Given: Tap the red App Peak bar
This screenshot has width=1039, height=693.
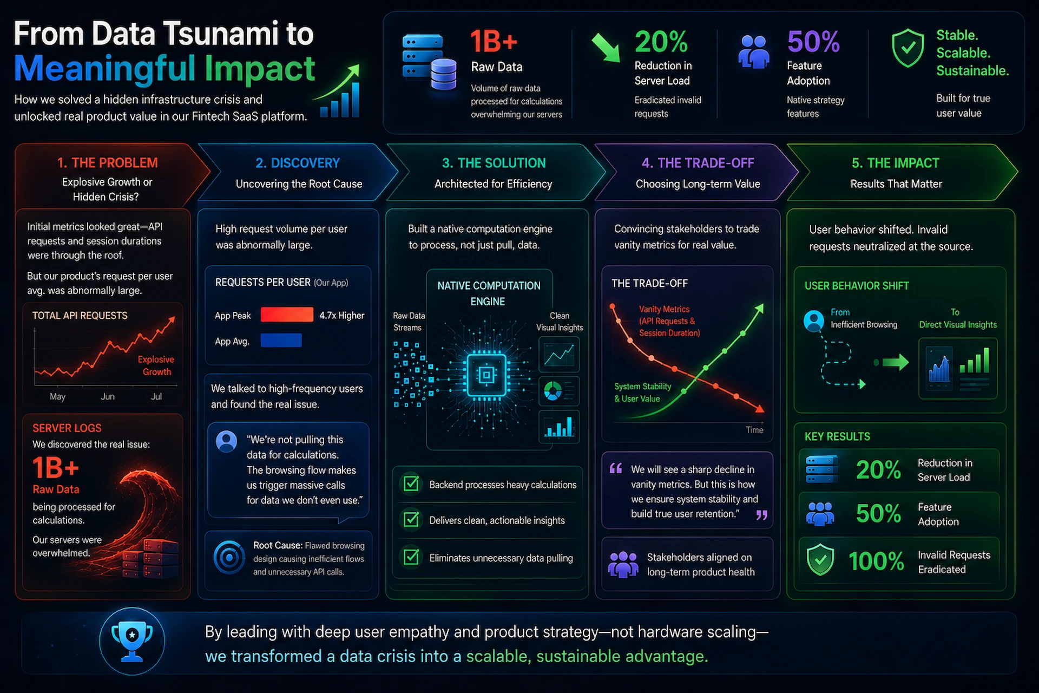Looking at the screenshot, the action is point(287,315).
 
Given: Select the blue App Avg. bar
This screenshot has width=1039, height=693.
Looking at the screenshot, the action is point(281,340).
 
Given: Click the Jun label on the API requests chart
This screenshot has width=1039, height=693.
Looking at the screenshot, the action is point(108,396).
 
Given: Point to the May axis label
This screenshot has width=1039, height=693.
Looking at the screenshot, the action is point(57,396).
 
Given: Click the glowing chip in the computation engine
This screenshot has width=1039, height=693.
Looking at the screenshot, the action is point(486,375).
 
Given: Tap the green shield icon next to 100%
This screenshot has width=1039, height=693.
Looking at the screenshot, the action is point(820,560).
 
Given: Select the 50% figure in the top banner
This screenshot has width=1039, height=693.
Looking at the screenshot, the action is point(813,42).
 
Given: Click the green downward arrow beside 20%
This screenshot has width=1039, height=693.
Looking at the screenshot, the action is point(606,47).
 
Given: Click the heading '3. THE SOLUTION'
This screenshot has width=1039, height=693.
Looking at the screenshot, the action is point(494,163).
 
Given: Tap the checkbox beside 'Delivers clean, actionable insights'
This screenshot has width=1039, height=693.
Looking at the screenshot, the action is point(411,520).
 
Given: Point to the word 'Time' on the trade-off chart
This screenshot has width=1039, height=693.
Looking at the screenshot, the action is point(754,430).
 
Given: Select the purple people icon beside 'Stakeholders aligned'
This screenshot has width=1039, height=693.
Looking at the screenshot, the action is point(623,564).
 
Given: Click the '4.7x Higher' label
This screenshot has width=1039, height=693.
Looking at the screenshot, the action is point(342,315).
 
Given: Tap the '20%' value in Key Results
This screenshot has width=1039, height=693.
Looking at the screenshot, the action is point(878,469).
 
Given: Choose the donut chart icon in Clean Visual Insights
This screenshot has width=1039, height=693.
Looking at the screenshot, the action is point(553,391).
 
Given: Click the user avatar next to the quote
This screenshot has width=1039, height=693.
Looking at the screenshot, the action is point(226,441).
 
